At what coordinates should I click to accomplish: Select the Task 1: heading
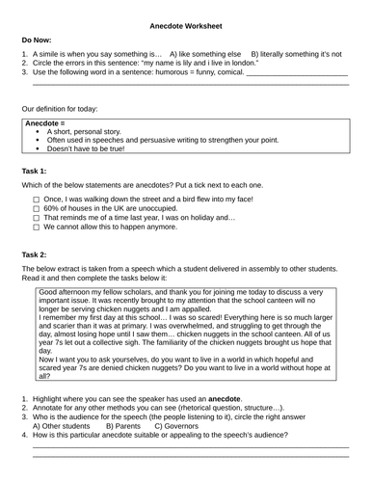35,170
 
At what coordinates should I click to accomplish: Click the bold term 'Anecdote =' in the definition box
44,123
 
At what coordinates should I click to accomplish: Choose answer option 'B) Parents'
127,425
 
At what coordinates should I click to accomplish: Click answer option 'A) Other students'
62,425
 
